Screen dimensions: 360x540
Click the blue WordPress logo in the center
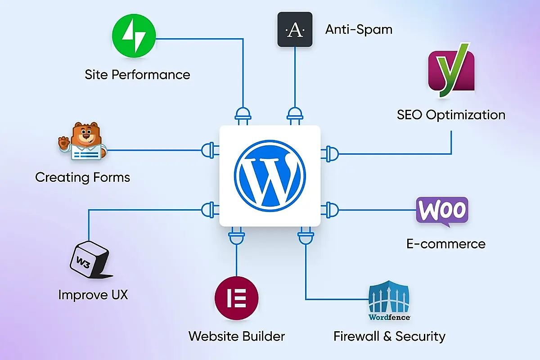(x=270, y=175)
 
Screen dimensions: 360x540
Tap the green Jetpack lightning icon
(x=134, y=36)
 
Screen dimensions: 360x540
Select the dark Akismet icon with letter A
(x=295, y=30)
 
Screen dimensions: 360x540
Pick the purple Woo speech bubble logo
(x=442, y=211)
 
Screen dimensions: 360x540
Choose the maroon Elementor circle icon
(x=237, y=297)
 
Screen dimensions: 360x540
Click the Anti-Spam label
(x=359, y=30)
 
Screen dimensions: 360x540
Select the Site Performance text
(x=137, y=74)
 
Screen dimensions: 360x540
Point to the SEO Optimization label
(x=451, y=115)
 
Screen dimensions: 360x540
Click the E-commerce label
(x=446, y=244)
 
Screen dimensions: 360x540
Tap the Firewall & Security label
(x=389, y=336)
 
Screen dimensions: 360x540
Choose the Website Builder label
(x=237, y=336)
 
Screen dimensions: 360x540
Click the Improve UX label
(x=93, y=295)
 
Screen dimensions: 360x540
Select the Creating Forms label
(x=83, y=177)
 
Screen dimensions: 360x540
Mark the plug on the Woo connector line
(x=331, y=209)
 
